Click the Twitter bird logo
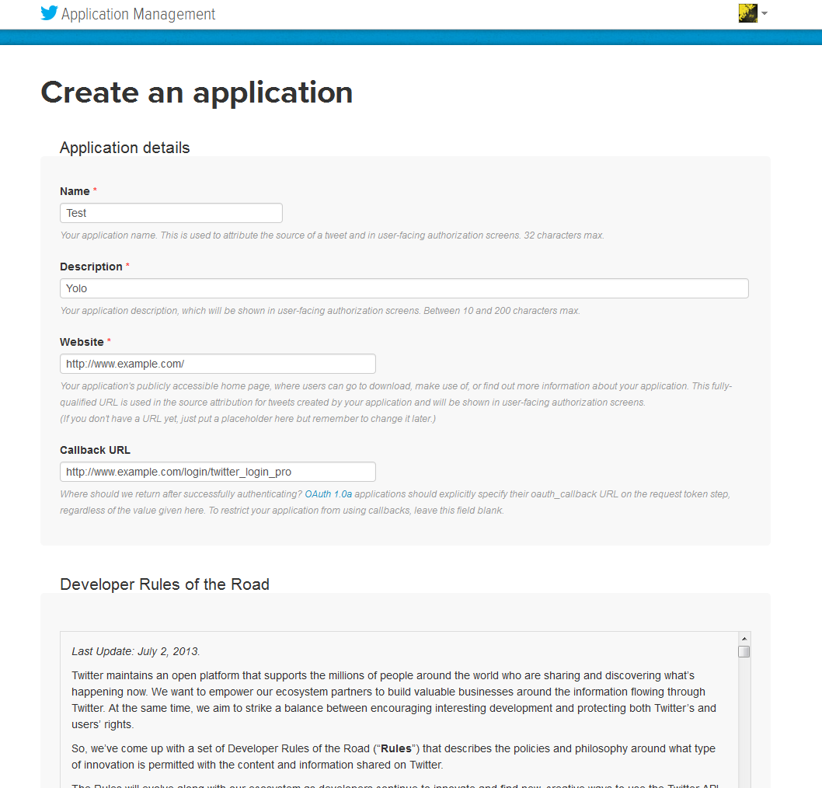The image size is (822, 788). [49, 13]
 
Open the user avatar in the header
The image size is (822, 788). [747, 13]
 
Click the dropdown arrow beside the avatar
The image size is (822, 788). [765, 13]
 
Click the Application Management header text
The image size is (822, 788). [138, 14]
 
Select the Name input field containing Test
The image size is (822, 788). [171, 213]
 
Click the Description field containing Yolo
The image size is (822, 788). [404, 288]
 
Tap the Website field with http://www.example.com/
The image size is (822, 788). [218, 364]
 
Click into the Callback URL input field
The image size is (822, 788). [218, 472]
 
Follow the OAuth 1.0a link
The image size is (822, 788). [329, 493]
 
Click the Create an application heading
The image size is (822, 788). [197, 92]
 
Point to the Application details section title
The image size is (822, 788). [124, 148]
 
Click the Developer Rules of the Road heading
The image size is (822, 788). [165, 584]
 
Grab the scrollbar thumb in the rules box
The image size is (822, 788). [744, 651]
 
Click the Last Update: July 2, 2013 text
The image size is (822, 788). [136, 651]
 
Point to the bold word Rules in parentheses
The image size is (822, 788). [395, 748]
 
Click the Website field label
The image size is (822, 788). [82, 342]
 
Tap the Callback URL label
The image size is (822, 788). [95, 450]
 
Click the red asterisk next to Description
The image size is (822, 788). [127, 267]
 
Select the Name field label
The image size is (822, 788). [75, 191]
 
